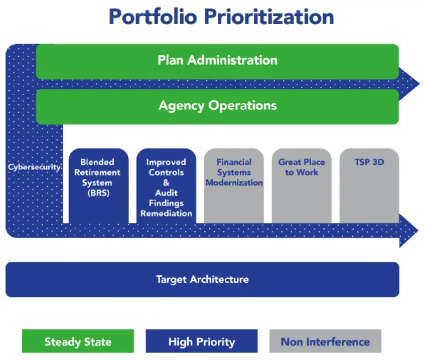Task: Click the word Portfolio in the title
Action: click(x=153, y=17)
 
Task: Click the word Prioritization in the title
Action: click(x=269, y=17)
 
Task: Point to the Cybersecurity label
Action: click(x=34, y=167)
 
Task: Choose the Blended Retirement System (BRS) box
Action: click(x=98, y=186)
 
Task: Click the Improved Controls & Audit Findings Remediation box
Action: click(x=166, y=186)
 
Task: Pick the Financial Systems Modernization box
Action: click(x=234, y=186)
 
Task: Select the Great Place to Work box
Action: click(x=302, y=186)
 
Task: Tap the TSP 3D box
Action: click(x=369, y=186)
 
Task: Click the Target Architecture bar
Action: click(x=202, y=280)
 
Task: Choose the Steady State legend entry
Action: click(x=78, y=341)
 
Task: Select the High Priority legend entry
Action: click(x=202, y=341)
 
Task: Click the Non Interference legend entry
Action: click(x=325, y=341)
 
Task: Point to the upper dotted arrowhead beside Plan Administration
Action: click(x=409, y=84)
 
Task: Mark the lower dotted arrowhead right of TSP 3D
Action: click(x=408, y=231)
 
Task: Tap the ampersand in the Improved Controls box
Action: click(x=166, y=183)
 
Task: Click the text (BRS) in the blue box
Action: click(x=98, y=193)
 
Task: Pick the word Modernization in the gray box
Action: click(x=234, y=183)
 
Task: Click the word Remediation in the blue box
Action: click(x=166, y=214)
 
